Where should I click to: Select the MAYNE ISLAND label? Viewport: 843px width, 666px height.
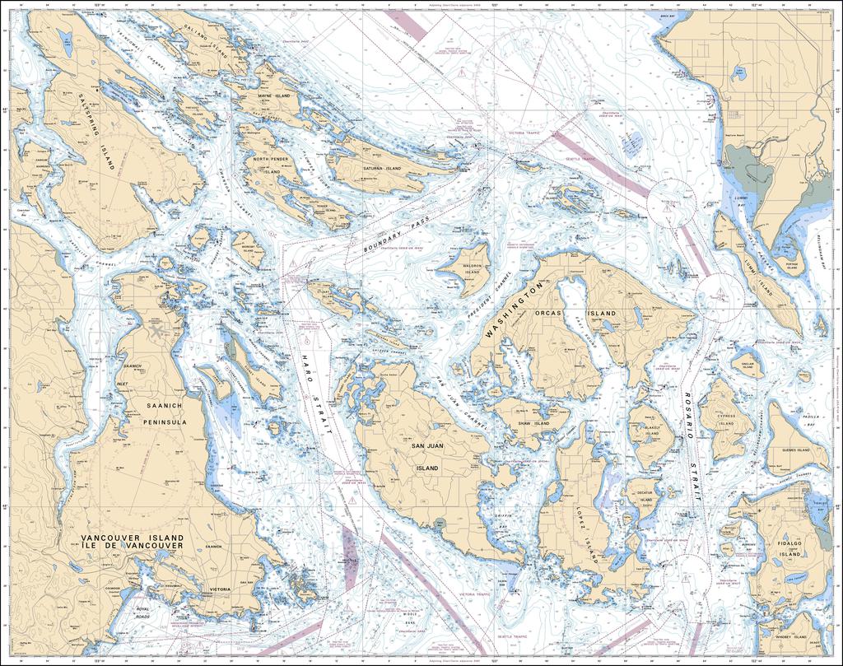(x=274, y=96)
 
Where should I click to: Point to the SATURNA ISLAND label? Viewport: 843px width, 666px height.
(x=382, y=169)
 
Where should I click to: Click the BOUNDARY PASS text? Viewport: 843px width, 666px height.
(x=398, y=236)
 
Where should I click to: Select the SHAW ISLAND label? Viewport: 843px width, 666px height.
(x=533, y=424)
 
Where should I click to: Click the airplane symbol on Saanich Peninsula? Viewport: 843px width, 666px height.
(x=156, y=330)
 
